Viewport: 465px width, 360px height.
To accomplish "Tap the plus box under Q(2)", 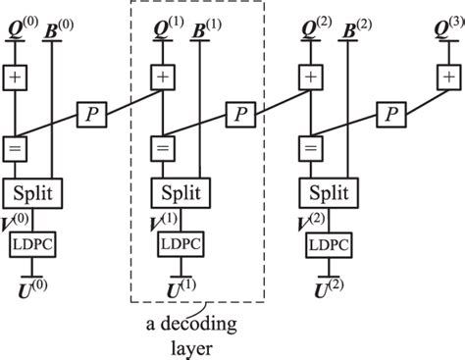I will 311,76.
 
